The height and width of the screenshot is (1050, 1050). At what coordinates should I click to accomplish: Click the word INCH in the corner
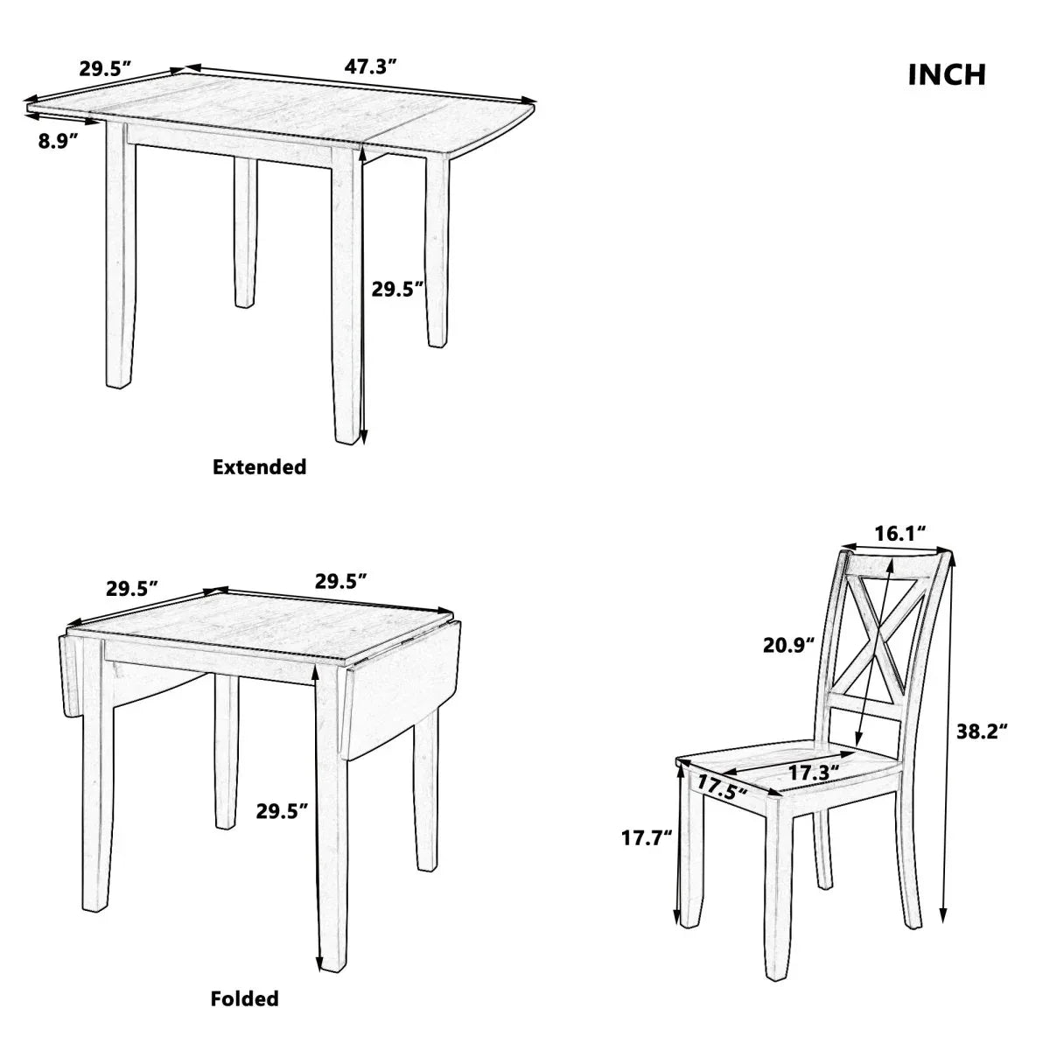click(x=947, y=74)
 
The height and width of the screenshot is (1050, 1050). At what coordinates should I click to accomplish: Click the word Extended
click(x=260, y=466)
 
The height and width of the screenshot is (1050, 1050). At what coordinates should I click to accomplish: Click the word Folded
click(x=244, y=997)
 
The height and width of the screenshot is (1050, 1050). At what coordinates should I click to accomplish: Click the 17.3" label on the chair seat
click(x=813, y=772)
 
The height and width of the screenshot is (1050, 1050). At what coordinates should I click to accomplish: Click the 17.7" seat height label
click(x=646, y=838)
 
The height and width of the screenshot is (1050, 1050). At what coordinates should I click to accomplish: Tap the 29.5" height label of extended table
click(x=397, y=289)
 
